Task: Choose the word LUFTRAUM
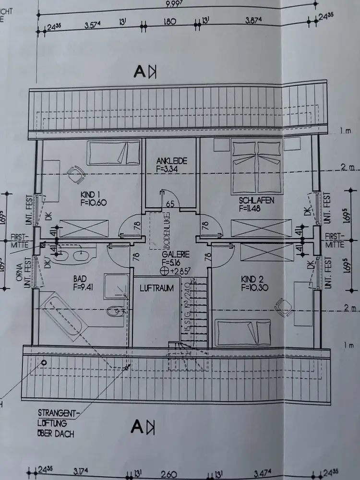[156, 288]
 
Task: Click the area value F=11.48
[256, 208]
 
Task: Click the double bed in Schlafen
[256, 165]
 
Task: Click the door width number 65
[170, 204]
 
